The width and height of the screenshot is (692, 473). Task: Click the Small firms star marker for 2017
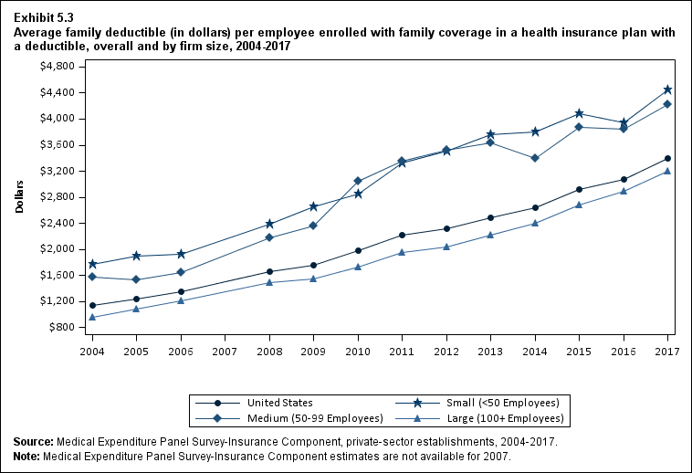(667, 89)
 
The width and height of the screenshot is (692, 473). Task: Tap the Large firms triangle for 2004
(92, 317)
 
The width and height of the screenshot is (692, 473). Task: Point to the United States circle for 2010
(358, 250)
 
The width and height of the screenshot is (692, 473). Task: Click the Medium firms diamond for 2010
(358, 181)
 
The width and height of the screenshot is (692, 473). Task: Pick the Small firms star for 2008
(269, 224)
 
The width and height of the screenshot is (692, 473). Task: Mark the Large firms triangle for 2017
(667, 171)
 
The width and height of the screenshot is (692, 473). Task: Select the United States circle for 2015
(579, 189)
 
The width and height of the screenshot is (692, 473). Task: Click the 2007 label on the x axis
(225, 351)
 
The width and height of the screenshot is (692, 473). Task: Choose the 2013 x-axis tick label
(490, 351)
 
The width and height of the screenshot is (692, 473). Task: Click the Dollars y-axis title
(19, 197)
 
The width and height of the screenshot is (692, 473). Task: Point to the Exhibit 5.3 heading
(44, 16)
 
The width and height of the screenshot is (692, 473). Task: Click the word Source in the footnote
(33, 442)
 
